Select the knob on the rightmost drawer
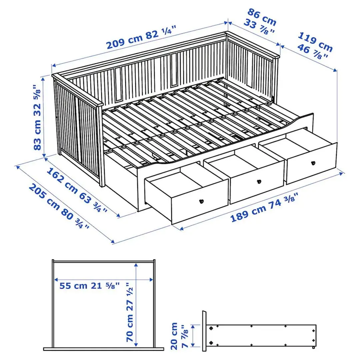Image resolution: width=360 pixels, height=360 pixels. click(313, 163)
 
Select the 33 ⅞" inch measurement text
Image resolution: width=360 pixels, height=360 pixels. click(258, 27)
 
